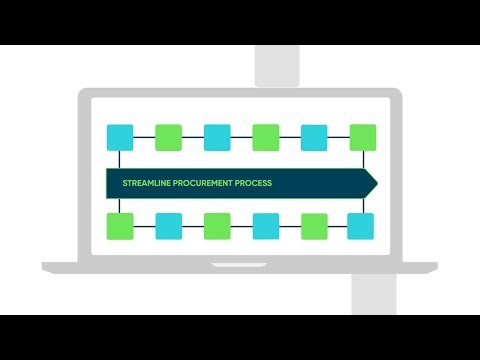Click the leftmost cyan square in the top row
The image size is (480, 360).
click(x=120, y=137)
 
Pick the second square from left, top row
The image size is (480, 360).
click(x=168, y=137)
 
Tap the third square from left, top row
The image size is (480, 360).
click(x=217, y=137)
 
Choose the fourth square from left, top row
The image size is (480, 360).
click(x=265, y=137)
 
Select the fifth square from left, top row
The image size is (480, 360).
click(x=314, y=137)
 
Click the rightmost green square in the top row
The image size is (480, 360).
click(x=362, y=137)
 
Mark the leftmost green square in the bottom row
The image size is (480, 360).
click(x=120, y=226)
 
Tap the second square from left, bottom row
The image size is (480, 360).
click(x=168, y=226)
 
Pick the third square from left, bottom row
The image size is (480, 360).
click(x=217, y=226)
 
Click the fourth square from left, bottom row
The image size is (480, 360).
click(x=265, y=226)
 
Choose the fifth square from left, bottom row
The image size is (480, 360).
click(x=314, y=226)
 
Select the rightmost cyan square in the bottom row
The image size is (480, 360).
click(x=362, y=226)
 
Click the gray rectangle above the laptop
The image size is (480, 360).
click(x=277, y=65)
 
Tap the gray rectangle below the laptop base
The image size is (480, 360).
click(x=376, y=294)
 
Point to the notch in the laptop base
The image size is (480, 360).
click(x=240, y=264)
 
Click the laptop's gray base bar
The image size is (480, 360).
click(x=120, y=268)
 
